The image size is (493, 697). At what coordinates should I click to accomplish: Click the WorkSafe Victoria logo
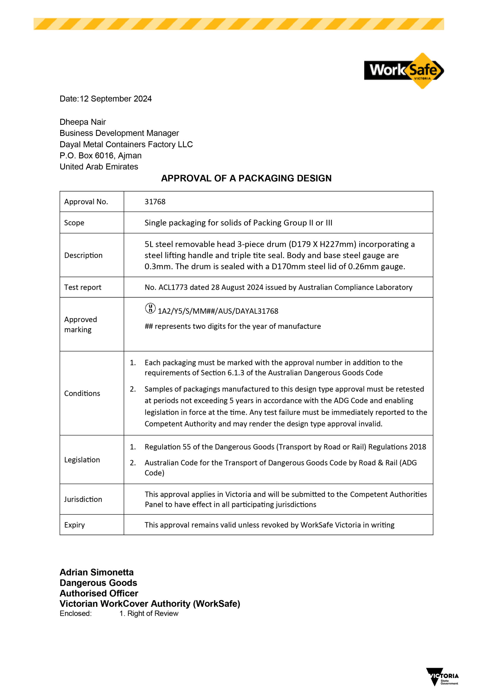[404, 71]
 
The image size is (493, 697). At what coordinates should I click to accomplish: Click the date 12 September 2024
[115, 99]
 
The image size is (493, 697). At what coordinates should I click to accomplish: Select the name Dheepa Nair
[82, 122]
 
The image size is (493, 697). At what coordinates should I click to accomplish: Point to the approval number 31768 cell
[155, 201]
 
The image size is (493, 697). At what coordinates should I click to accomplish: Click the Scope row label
[74, 223]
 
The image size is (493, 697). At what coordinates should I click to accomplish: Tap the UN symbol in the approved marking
[150, 308]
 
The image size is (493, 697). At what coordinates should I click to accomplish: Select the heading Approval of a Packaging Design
[246, 178]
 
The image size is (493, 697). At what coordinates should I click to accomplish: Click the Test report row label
[82, 287]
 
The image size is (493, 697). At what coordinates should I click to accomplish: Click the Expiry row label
[74, 525]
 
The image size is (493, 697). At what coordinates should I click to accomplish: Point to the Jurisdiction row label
[83, 499]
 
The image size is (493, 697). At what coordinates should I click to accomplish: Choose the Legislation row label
[82, 460]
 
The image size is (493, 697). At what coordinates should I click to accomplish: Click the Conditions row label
[82, 393]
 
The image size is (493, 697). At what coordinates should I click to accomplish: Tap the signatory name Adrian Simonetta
[97, 572]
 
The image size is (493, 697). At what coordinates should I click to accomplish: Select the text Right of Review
[153, 613]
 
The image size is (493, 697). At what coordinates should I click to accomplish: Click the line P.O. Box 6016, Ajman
[100, 155]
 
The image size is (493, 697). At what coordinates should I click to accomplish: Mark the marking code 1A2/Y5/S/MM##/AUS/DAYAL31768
[218, 311]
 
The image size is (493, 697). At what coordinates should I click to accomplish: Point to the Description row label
[83, 255]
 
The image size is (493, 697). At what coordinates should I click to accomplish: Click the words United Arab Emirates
[99, 167]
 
